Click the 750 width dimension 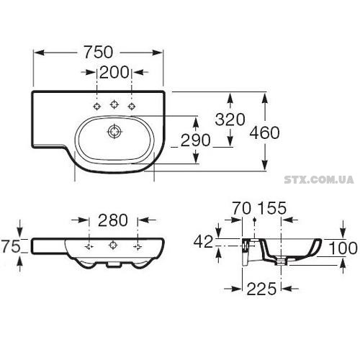pos(98,53)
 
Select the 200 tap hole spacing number pos(114,72)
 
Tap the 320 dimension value pos(230,120)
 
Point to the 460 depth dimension pos(264,132)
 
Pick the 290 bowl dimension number pos(195,140)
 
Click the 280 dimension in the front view pos(112,220)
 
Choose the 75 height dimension pos(11,246)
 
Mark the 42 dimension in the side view pos(203,241)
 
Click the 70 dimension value pos(242,208)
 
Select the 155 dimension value pos(273,208)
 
